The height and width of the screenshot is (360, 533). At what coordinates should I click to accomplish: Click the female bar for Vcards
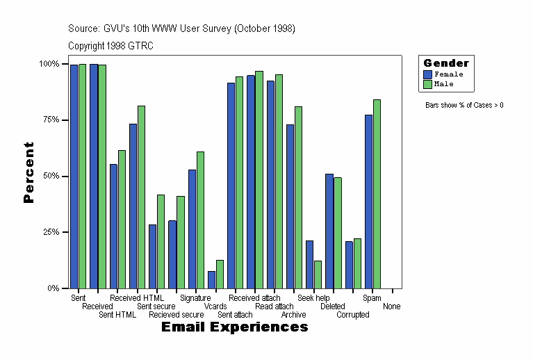click(211, 279)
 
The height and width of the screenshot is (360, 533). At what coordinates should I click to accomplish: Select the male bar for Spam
click(377, 194)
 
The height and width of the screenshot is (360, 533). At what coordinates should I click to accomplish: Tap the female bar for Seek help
click(309, 264)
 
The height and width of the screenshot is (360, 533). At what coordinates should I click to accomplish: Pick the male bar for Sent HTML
click(122, 219)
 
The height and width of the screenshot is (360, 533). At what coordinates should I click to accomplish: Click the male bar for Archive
click(298, 197)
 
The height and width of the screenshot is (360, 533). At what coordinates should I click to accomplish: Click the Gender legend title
click(446, 63)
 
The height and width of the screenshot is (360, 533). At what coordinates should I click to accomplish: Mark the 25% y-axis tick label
click(50, 231)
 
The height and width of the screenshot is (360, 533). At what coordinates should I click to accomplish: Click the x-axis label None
click(391, 306)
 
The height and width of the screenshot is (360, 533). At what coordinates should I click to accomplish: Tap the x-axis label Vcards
click(215, 306)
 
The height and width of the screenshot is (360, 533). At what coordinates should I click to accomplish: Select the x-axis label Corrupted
click(353, 315)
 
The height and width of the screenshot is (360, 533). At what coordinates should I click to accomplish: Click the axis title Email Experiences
click(234, 327)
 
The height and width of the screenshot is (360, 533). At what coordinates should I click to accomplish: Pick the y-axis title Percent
click(28, 172)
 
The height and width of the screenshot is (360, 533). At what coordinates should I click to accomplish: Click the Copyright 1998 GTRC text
click(110, 46)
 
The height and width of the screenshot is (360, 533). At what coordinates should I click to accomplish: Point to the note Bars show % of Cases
click(464, 106)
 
